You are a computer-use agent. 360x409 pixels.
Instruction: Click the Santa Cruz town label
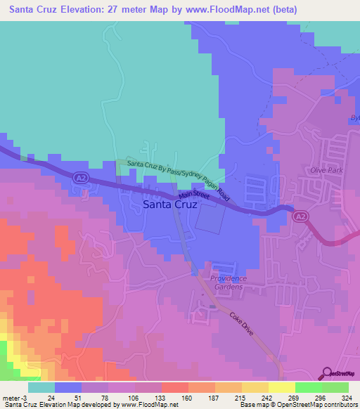[x=170, y=206]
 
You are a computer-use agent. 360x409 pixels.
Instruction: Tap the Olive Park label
[x=324, y=171]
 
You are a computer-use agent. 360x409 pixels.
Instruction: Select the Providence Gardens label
[x=227, y=283]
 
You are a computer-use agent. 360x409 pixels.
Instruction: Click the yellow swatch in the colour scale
[x=281, y=387]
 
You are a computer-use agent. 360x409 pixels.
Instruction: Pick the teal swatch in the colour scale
[x=41, y=387]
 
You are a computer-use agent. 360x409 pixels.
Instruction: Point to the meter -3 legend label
[x=13, y=397]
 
